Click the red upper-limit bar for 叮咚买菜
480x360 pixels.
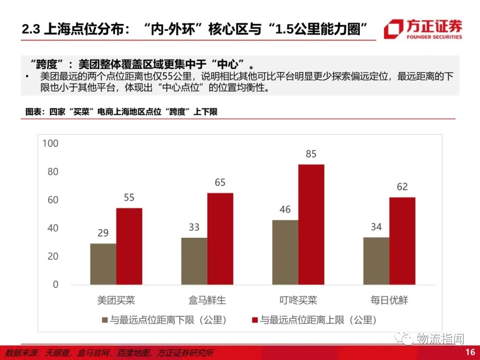[x=311, y=224]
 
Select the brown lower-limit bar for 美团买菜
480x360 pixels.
[x=103, y=264]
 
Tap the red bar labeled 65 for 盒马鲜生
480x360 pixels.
[x=220, y=239]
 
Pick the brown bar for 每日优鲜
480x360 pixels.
[x=376, y=261]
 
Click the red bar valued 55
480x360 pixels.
[x=129, y=246]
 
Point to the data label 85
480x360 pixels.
[x=311, y=154]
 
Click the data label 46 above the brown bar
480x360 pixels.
[x=285, y=210]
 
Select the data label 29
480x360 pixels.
[x=103, y=233]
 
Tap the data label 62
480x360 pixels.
[x=402, y=187]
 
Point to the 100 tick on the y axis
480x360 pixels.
[x=51, y=144]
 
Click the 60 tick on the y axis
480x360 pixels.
[x=53, y=200]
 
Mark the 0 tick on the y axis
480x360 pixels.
[x=56, y=285]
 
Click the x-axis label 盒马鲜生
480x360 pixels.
[x=207, y=300]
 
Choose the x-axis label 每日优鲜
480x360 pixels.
[x=389, y=300]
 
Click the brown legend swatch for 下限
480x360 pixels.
[x=105, y=320]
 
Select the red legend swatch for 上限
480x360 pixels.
[x=255, y=320]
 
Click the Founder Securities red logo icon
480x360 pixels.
[x=393, y=29]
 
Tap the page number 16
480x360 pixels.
[x=470, y=352]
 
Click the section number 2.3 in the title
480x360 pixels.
[x=31, y=29]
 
